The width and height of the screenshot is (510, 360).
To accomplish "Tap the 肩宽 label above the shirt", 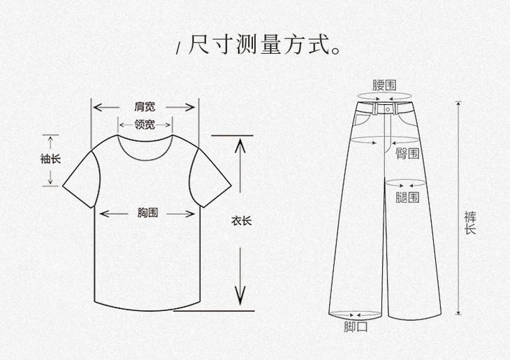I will point(145,107).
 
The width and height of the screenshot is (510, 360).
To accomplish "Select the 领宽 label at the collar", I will point(145,126).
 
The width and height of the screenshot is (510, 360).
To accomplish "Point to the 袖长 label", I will point(50,159).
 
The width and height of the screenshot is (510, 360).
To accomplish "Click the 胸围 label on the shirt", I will point(147,213).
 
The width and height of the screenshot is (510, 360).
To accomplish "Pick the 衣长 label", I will point(241,221).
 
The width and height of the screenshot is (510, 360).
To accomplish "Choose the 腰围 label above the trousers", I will point(384,85).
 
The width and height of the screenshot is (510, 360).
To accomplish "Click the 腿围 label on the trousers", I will point(407,197).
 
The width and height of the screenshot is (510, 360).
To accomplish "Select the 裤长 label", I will point(470,222).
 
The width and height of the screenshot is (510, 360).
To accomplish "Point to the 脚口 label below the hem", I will point(356,326).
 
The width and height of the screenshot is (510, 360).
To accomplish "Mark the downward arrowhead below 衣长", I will point(240,298).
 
